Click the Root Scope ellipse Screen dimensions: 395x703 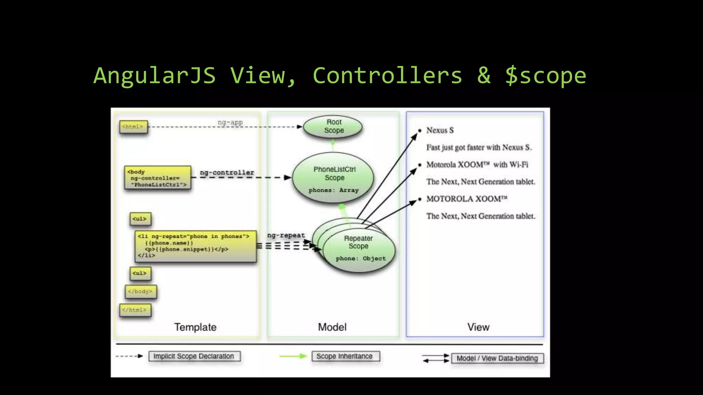[x=333, y=127]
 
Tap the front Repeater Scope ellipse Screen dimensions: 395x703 [x=359, y=250]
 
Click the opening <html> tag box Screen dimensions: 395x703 [x=133, y=127]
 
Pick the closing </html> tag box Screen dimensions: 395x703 [x=135, y=310]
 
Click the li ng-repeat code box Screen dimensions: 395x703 [x=195, y=246]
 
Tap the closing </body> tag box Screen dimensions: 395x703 [x=140, y=291]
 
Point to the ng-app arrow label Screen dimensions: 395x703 [x=230, y=122]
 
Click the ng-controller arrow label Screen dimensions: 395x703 [x=227, y=172]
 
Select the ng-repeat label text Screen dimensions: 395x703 [x=286, y=235]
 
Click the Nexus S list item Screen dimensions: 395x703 [x=440, y=130]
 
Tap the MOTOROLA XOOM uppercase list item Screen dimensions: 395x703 [x=466, y=199]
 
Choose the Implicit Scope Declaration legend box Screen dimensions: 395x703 [x=194, y=356]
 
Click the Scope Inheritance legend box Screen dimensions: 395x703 [x=345, y=356]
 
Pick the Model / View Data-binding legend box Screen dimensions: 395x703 [x=497, y=358]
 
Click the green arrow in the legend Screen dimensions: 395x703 [x=293, y=356]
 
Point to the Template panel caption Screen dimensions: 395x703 [x=195, y=327]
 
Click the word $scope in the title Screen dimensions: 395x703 [x=545, y=76]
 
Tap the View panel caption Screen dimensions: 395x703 [x=478, y=327]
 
